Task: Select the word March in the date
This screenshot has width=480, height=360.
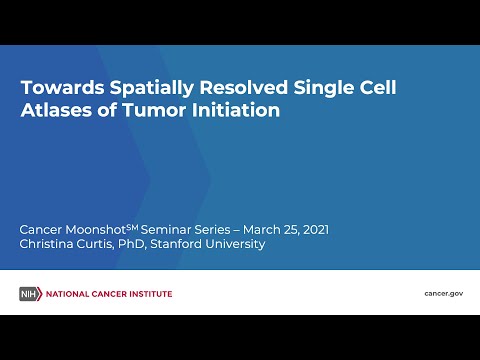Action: point(274,229)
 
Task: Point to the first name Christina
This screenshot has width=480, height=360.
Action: point(50,244)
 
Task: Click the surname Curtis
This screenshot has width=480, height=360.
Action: point(107,244)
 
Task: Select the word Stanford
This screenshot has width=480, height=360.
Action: point(195,244)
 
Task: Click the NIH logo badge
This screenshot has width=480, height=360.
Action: point(29,293)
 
